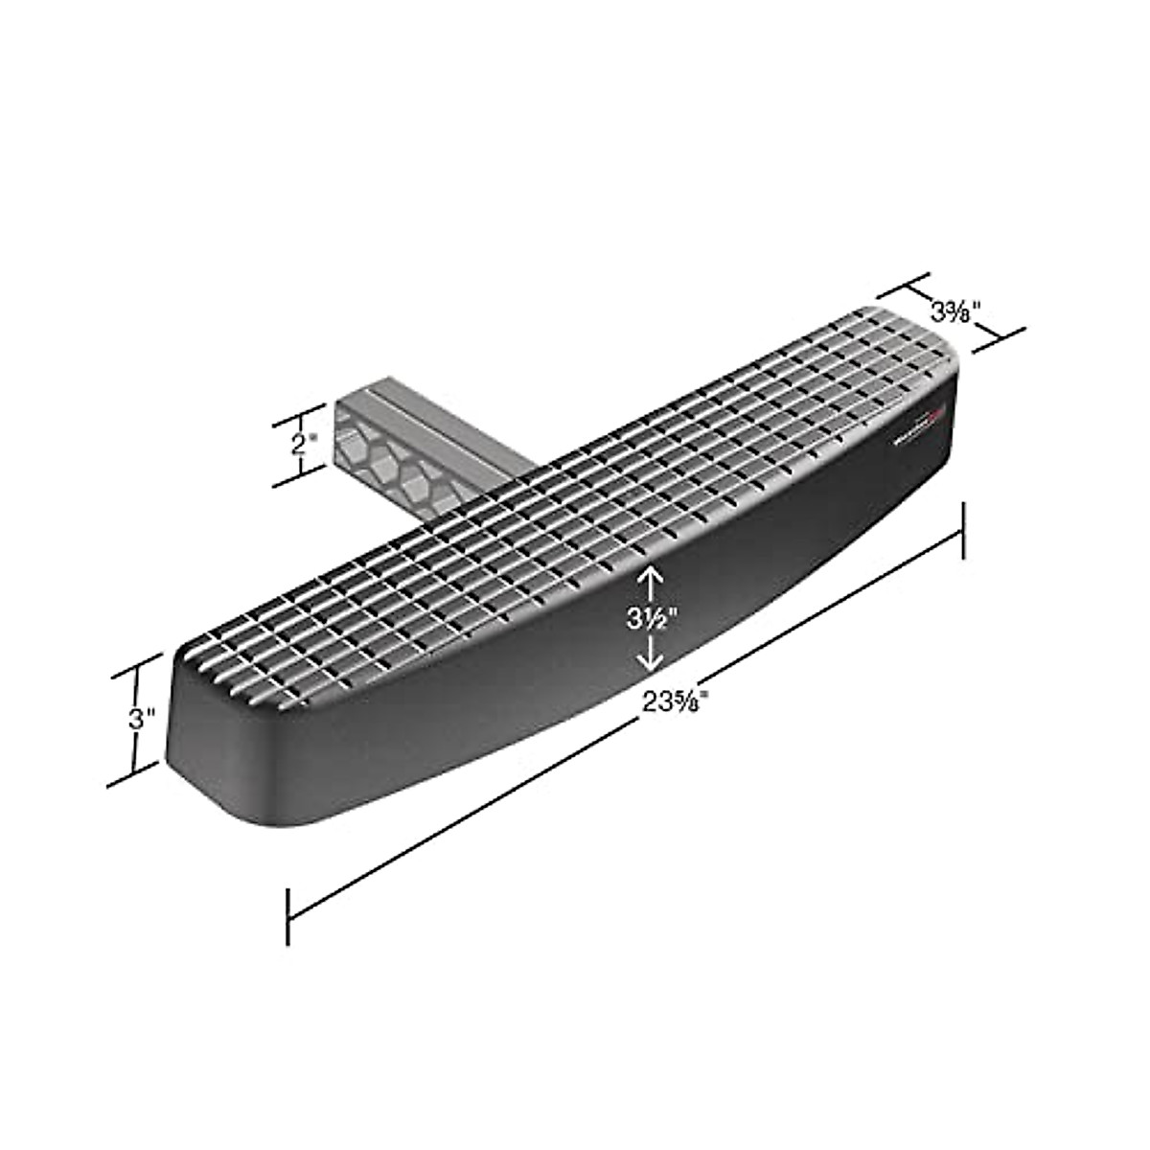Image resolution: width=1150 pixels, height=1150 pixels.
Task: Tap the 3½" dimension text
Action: (x=651, y=617)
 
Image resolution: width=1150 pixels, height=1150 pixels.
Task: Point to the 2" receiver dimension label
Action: (x=304, y=444)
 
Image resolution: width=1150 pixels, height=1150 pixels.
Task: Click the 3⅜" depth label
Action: (x=955, y=310)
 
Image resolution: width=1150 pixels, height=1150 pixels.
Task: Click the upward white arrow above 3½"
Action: (x=651, y=579)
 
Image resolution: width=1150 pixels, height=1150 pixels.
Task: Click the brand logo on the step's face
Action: (x=919, y=427)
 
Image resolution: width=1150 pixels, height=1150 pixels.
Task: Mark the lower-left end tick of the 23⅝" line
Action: (x=288, y=917)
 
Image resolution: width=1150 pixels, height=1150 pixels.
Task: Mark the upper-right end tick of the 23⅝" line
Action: (x=962, y=528)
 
